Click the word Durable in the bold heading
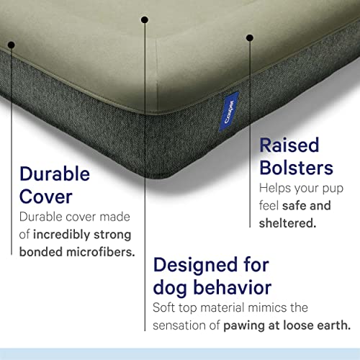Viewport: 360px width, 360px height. click(55, 174)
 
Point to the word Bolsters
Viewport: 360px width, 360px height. click(296, 168)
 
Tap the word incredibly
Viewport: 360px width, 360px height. click(68, 234)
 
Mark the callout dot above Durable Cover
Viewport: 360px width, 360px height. click(12, 45)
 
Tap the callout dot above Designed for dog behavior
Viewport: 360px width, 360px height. click(144, 20)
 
